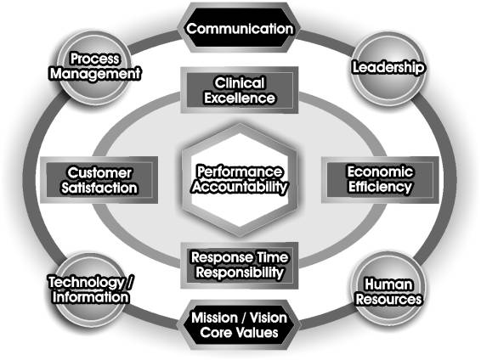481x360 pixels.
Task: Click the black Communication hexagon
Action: coord(240,27)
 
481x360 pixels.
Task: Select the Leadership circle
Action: coord(388,69)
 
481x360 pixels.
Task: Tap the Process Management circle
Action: coord(95,67)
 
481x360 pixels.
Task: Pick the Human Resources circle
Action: coord(388,289)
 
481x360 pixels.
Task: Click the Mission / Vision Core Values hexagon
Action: coord(240,325)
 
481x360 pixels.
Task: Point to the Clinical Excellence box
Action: coord(240,90)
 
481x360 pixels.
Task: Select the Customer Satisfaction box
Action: coord(99,180)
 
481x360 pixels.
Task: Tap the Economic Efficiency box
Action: coord(380,179)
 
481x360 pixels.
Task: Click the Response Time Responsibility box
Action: coord(240,265)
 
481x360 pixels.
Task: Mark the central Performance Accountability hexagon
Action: coord(240,180)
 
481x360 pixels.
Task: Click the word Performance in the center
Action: coord(240,172)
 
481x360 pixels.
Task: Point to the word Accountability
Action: coord(240,187)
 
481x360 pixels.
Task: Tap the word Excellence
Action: coord(240,98)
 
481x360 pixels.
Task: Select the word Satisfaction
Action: coord(99,188)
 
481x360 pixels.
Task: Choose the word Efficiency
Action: coord(380,187)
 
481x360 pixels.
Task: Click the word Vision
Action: coord(268,318)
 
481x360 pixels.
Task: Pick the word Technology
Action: coord(87,283)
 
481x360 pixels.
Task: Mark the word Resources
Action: coord(388,299)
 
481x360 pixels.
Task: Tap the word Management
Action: coord(95,74)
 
